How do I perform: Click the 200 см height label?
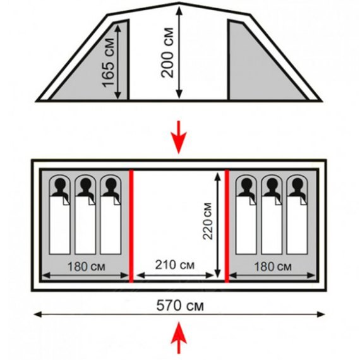click(x=167, y=52)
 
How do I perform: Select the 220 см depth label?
click(x=208, y=221)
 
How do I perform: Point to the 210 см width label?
click(x=175, y=265)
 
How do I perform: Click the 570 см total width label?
click(x=180, y=306)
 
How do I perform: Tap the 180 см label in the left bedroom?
click(x=87, y=267)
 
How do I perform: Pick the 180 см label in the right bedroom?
click(x=273, y=267)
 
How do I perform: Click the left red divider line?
click(x=131, y=226)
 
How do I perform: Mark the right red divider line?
click(x=227, y=226)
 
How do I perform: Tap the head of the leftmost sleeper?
click(x=60, y=184)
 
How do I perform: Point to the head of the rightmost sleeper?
click(x=297, y=184)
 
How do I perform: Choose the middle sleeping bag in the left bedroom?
click(x=85, y=215)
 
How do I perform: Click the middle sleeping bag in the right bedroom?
click(x=272, y=215)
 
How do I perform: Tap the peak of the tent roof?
click(x=179, y=3)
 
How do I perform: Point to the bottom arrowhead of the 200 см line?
click(x=179, y=95)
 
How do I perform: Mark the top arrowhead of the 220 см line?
click(x=217, y=177)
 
